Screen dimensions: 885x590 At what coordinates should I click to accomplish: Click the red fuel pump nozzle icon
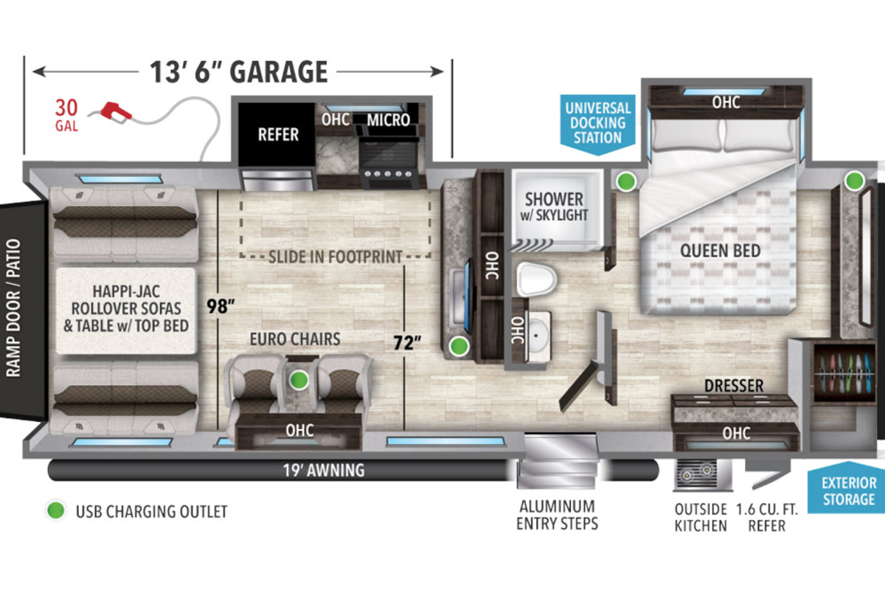click(x=115, y=112)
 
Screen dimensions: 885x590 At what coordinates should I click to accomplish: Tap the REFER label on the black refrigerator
click(x=278, y=135)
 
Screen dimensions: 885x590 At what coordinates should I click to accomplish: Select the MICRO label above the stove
click(x=388, y=120)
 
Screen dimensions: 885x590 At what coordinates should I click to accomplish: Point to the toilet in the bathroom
click(x=536, y=280)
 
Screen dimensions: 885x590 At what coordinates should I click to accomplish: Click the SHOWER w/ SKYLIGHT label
click(x=554, y=206)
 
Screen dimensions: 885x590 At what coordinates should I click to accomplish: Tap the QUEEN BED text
click(x=721, y=251)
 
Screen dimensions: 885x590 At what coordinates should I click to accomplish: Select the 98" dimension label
click(x=221, y=306)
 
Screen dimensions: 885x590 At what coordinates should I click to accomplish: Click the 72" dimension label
click(x=407, y=343)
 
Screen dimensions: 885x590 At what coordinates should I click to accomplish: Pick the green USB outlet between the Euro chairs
click(x=299, y=380)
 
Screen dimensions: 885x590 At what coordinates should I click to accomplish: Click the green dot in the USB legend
click(x=56, y=510)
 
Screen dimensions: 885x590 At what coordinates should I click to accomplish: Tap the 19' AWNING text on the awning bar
click(x=324, y=471)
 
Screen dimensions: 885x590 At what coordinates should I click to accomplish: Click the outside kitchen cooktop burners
click(x=696, y=473)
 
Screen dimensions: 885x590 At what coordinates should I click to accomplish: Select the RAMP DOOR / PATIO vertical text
click(x=13, y=308)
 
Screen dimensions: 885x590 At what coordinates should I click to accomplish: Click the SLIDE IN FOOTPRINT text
click(x=336, y=257)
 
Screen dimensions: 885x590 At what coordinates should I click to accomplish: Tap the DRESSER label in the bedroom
click(x=734, y=386)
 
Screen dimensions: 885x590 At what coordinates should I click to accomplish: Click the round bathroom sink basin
click(x=538, y=335)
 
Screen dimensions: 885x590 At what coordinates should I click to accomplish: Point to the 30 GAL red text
click(x=66, y=114)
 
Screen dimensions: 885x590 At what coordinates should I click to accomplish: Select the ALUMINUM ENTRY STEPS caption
click(x=557, y=515)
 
